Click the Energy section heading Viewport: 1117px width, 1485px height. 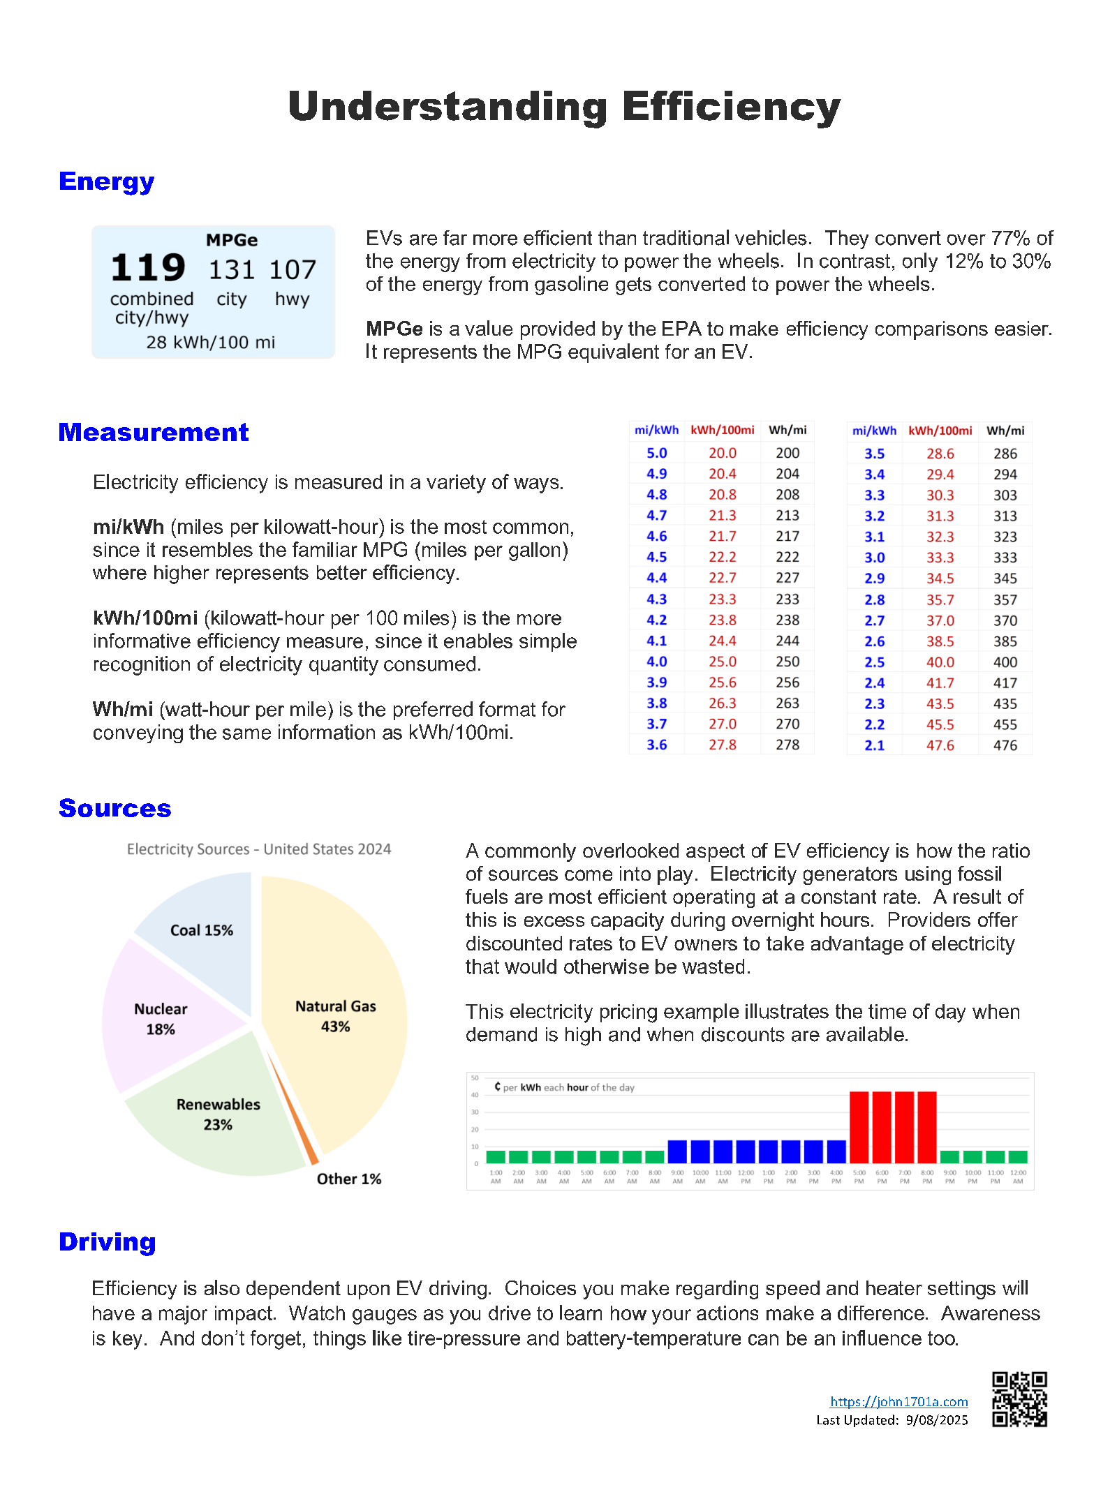coord(106,181)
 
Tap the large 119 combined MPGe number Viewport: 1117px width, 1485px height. coord(148,268)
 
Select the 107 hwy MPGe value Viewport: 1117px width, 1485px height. coord(293,270)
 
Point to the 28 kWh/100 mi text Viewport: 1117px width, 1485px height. coord(210,343)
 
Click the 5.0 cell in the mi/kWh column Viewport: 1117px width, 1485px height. coord(656,453)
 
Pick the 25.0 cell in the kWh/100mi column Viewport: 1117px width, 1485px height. coord(722,662)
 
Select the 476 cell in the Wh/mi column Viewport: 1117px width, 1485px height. coord(1005,745)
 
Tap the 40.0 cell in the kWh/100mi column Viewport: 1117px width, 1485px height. coord(940,662)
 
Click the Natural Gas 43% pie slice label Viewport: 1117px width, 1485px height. coord(335,1016)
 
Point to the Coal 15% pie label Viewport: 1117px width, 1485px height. coord(201,930)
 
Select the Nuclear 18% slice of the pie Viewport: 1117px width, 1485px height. coord(160,1019)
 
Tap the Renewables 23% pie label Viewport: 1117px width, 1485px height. coord(218,1114)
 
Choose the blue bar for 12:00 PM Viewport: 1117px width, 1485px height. coord(746,1151)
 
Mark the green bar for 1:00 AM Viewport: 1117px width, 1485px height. coord(496,1156)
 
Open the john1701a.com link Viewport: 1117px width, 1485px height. coord(898,1401)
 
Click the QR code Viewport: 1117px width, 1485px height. coord(1019,1399)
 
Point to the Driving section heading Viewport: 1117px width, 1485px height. coord(107,1242)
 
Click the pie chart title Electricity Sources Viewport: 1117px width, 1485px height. coord(258,849)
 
